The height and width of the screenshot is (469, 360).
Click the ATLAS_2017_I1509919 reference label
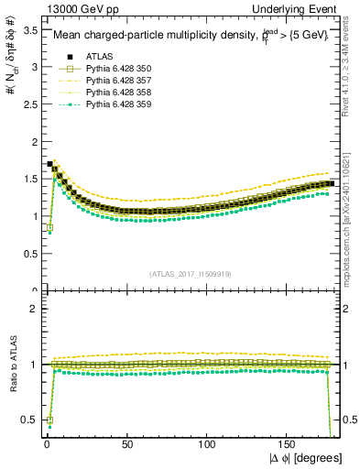[191, 273]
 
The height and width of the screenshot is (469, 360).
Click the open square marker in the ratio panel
[48, 420]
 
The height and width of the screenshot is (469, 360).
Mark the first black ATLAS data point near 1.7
[49, 165]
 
